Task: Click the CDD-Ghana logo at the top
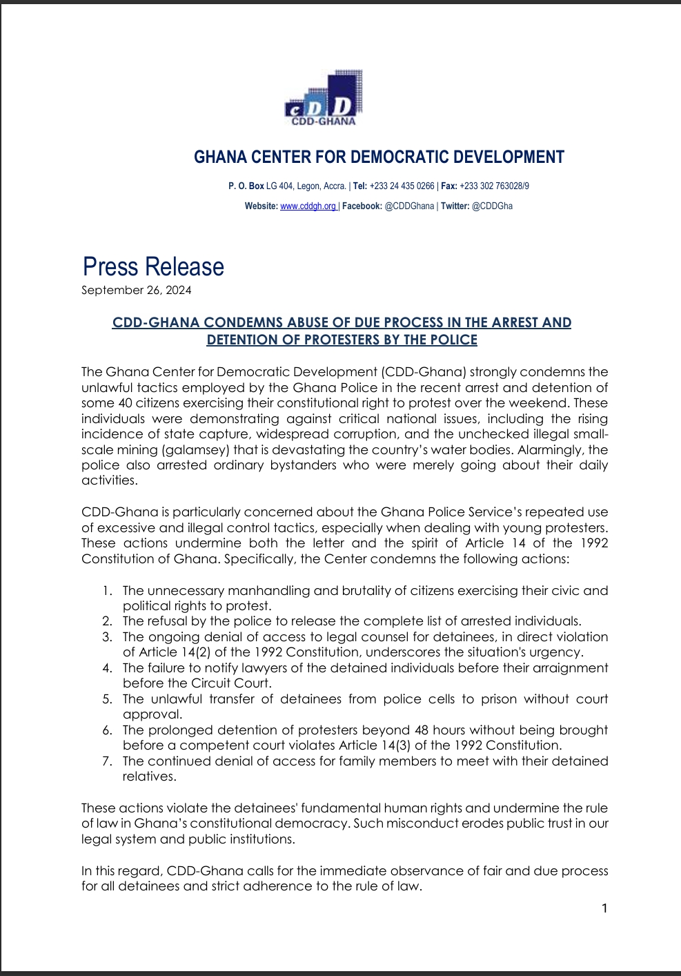coord(324,99)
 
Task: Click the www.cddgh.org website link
coord(308,206)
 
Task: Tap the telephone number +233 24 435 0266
coord(402,186)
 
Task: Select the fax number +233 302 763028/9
coord(494,186)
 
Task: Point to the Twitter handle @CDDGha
coord(492,206)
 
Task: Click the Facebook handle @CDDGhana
coord(409,206)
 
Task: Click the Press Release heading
coord(153,267)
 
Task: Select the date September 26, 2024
coord(137,290)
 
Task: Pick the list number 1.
coord(106,591)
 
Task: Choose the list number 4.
coord(107,668)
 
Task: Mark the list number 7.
coord(107,761)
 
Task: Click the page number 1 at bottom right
coord(604,908)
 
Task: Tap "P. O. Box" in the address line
coord(246,186)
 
